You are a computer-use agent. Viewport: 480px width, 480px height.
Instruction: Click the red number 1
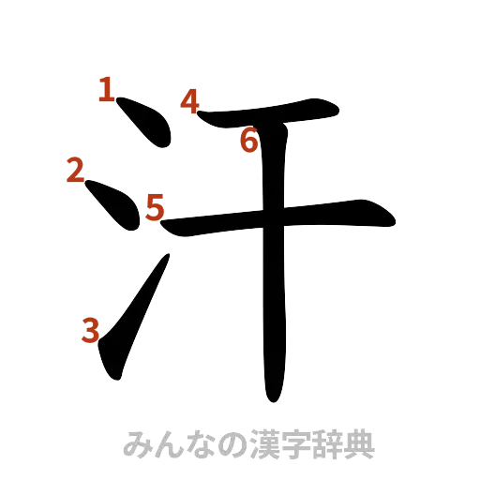107,90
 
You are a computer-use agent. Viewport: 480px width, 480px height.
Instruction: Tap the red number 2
75,170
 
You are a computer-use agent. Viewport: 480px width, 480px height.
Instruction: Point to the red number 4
190,100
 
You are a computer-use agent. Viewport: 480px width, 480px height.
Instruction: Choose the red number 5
155,205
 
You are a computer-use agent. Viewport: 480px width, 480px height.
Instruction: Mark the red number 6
248,142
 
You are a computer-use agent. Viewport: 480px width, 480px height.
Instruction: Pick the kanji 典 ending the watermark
360,443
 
